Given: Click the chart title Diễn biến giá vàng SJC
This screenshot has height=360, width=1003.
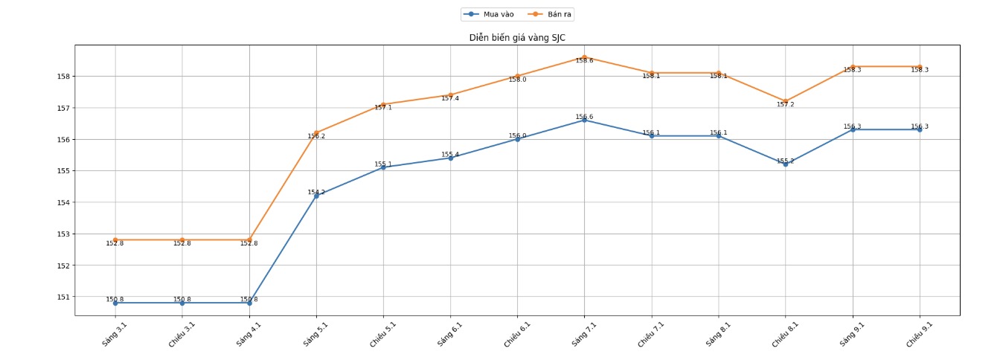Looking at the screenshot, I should (517, 37).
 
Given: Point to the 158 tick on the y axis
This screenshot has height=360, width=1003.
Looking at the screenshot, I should (63, 76).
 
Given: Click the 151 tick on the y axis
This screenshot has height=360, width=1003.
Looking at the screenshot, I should (63, 297).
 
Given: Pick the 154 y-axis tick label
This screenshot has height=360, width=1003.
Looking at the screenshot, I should (63, 202).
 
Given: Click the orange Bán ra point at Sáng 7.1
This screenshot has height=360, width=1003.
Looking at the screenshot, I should (585, 57).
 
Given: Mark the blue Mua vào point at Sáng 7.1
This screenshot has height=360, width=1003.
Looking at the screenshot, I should (585, 120).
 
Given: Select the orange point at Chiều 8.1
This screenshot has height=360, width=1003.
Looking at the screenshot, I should (786, 101).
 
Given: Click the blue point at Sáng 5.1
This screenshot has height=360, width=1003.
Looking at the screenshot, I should (316, 196).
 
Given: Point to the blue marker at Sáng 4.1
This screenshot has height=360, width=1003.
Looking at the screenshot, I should (249, 303).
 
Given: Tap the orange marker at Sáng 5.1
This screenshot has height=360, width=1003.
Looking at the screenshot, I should (316, 132).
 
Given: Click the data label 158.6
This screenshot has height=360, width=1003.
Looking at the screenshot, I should (585, 61).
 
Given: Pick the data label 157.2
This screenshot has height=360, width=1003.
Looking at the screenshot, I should (786, 105).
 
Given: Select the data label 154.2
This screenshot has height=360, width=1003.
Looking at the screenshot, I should (316, 192).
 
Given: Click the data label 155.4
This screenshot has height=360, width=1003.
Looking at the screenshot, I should (450, 155).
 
